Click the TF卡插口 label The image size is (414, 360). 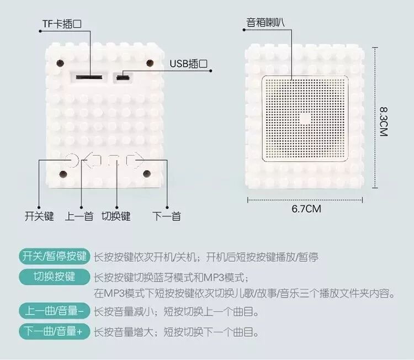pos(62,24)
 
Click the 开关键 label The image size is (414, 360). pos(39,216)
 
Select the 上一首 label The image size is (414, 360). pos(79,216)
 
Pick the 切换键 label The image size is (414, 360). pos(116,216)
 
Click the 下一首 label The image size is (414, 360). pos(167,216)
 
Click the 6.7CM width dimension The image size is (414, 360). pos(306,209)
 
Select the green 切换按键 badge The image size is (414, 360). pos(54,276)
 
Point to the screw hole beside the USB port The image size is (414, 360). pos(149,62)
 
